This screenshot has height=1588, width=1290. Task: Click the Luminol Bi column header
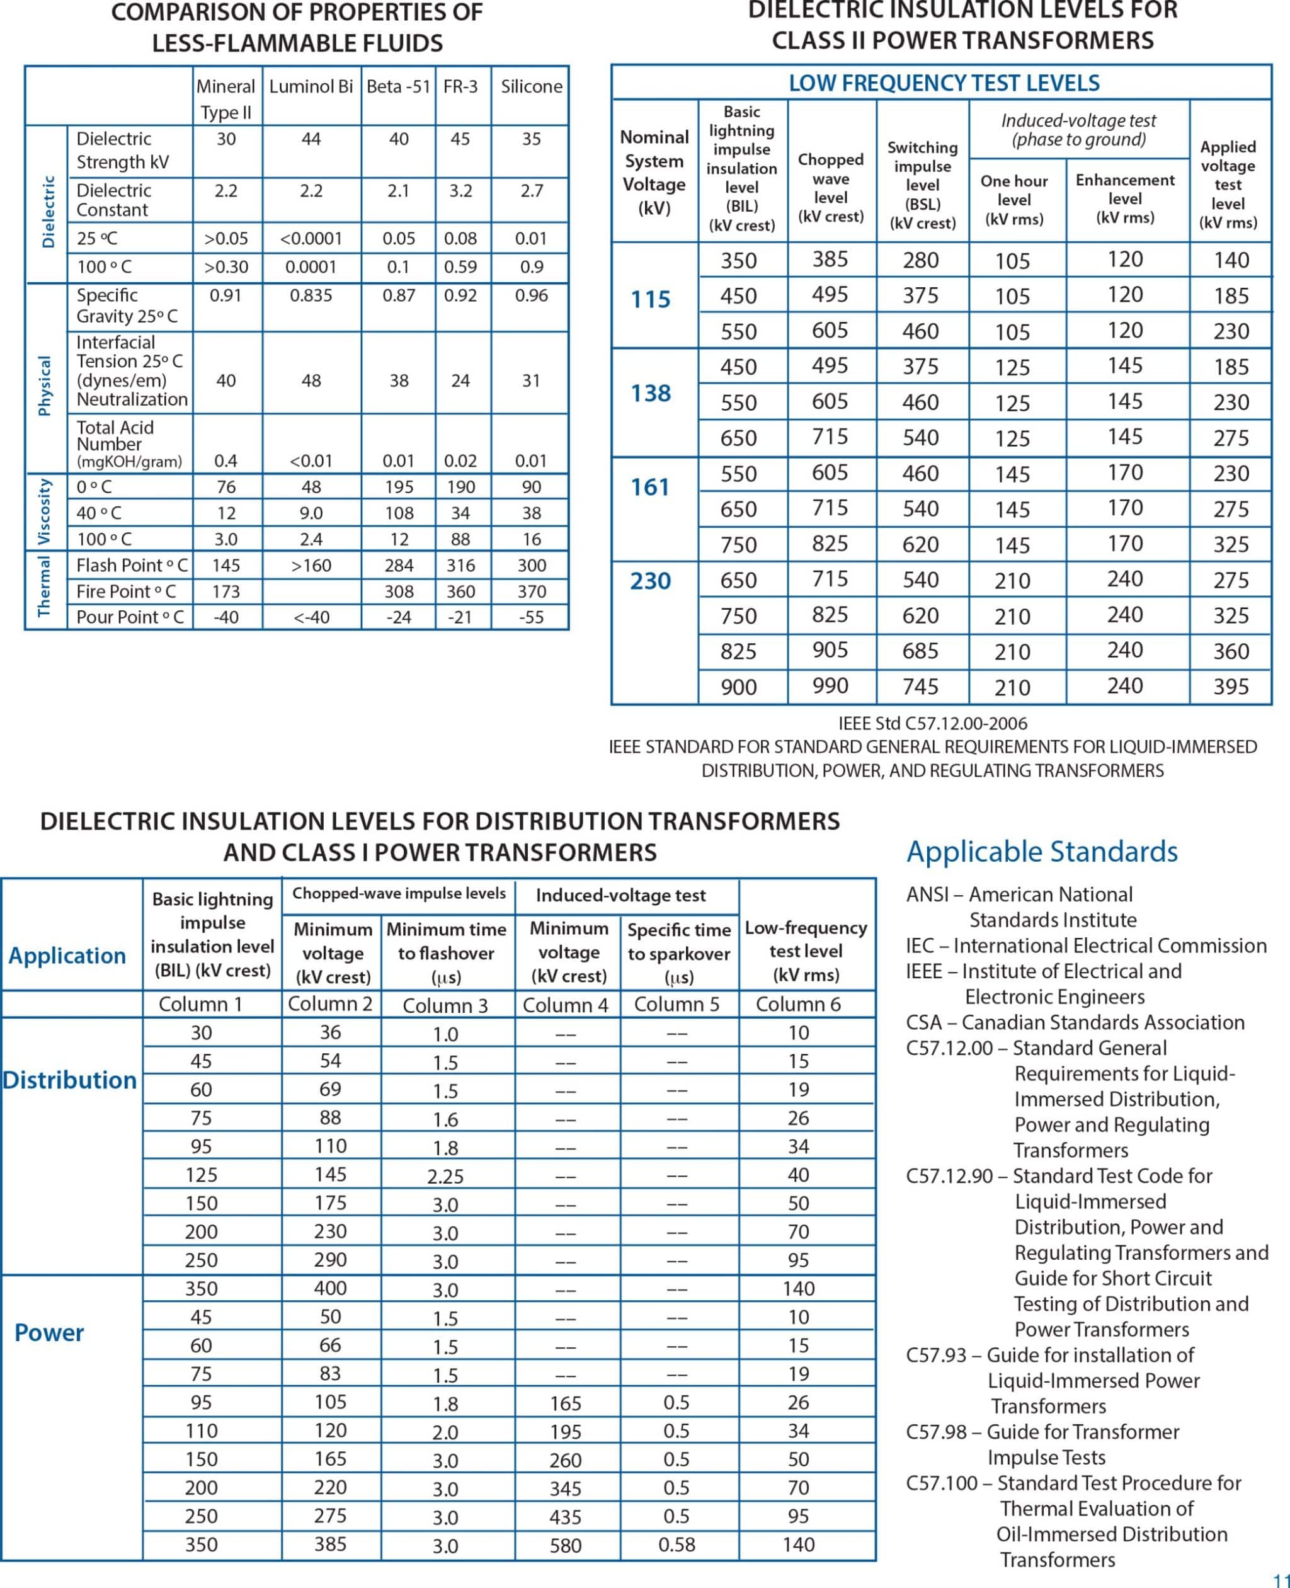(311, 86)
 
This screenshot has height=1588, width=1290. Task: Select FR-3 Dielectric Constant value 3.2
(460, 191)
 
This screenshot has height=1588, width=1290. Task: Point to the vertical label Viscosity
(45, 511)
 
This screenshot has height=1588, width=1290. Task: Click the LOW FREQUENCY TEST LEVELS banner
(943, 83)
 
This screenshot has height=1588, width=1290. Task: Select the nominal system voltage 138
(650, 393)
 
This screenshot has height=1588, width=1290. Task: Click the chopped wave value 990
(830, 685)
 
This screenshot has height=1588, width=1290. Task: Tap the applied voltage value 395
(1231, 687)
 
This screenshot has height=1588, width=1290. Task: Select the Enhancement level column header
(1124, 198)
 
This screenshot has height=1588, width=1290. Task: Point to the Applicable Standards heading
(1041, 852)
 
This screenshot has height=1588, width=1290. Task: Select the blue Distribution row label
(70, 1080)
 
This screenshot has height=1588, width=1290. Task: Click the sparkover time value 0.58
(676, 1546)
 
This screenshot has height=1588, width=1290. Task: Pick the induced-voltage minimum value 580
(565, 1546)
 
